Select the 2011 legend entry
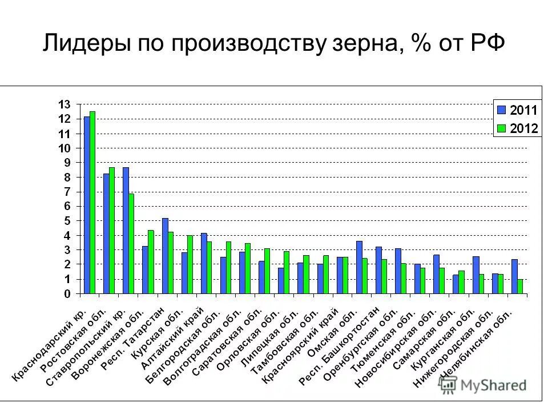pyautogui.click(x=517, y=110)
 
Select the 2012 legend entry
pyautogui.click(x=517, y=128)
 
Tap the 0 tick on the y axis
pyautogui.click(x=67, y=294)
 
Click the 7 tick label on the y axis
pyautogui.click(x=67, y=192)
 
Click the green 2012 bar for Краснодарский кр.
pyautogui.click(x=92, y=203)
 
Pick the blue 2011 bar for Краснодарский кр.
pyautogui.click(x=87, y=205)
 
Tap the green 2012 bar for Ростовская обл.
pyautogui.click(x=112, y=231)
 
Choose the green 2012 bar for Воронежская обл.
pyautogui.click(x=151, y=262)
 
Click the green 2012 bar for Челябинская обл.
pyautogui.click(x=520, y=287)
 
